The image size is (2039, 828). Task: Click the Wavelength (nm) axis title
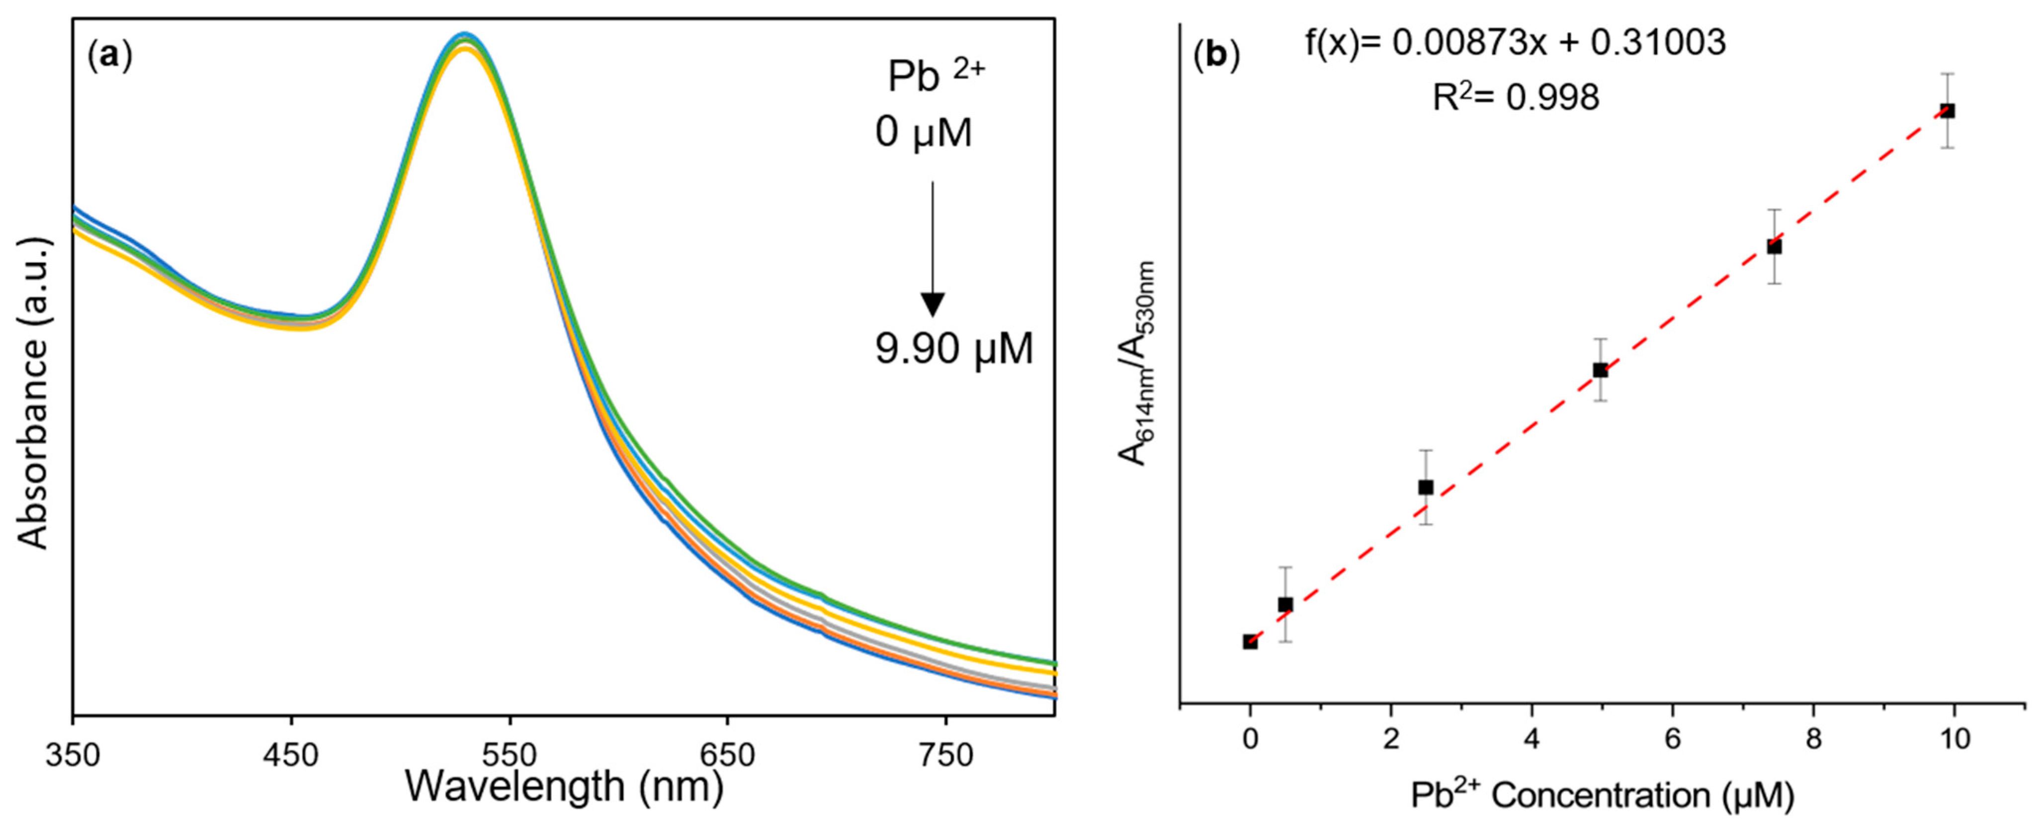coord(564,787)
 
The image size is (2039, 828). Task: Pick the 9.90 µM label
coord(954,348)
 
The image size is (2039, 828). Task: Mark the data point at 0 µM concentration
coord(1250,641)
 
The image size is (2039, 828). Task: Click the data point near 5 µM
coord(1600,370)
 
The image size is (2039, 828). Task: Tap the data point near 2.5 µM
coord(1426,487)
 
